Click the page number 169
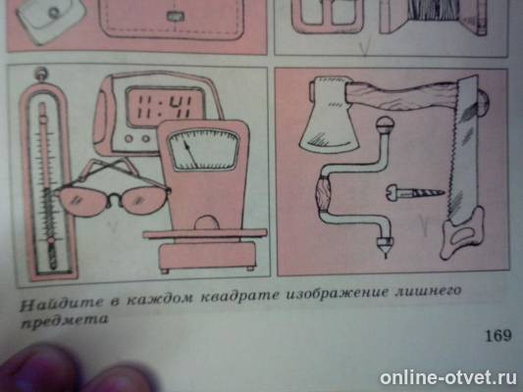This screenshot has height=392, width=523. (x=497, y=336)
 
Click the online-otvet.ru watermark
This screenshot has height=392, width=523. (x=446, y=375)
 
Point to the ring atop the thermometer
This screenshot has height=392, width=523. (x=40, y=73)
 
